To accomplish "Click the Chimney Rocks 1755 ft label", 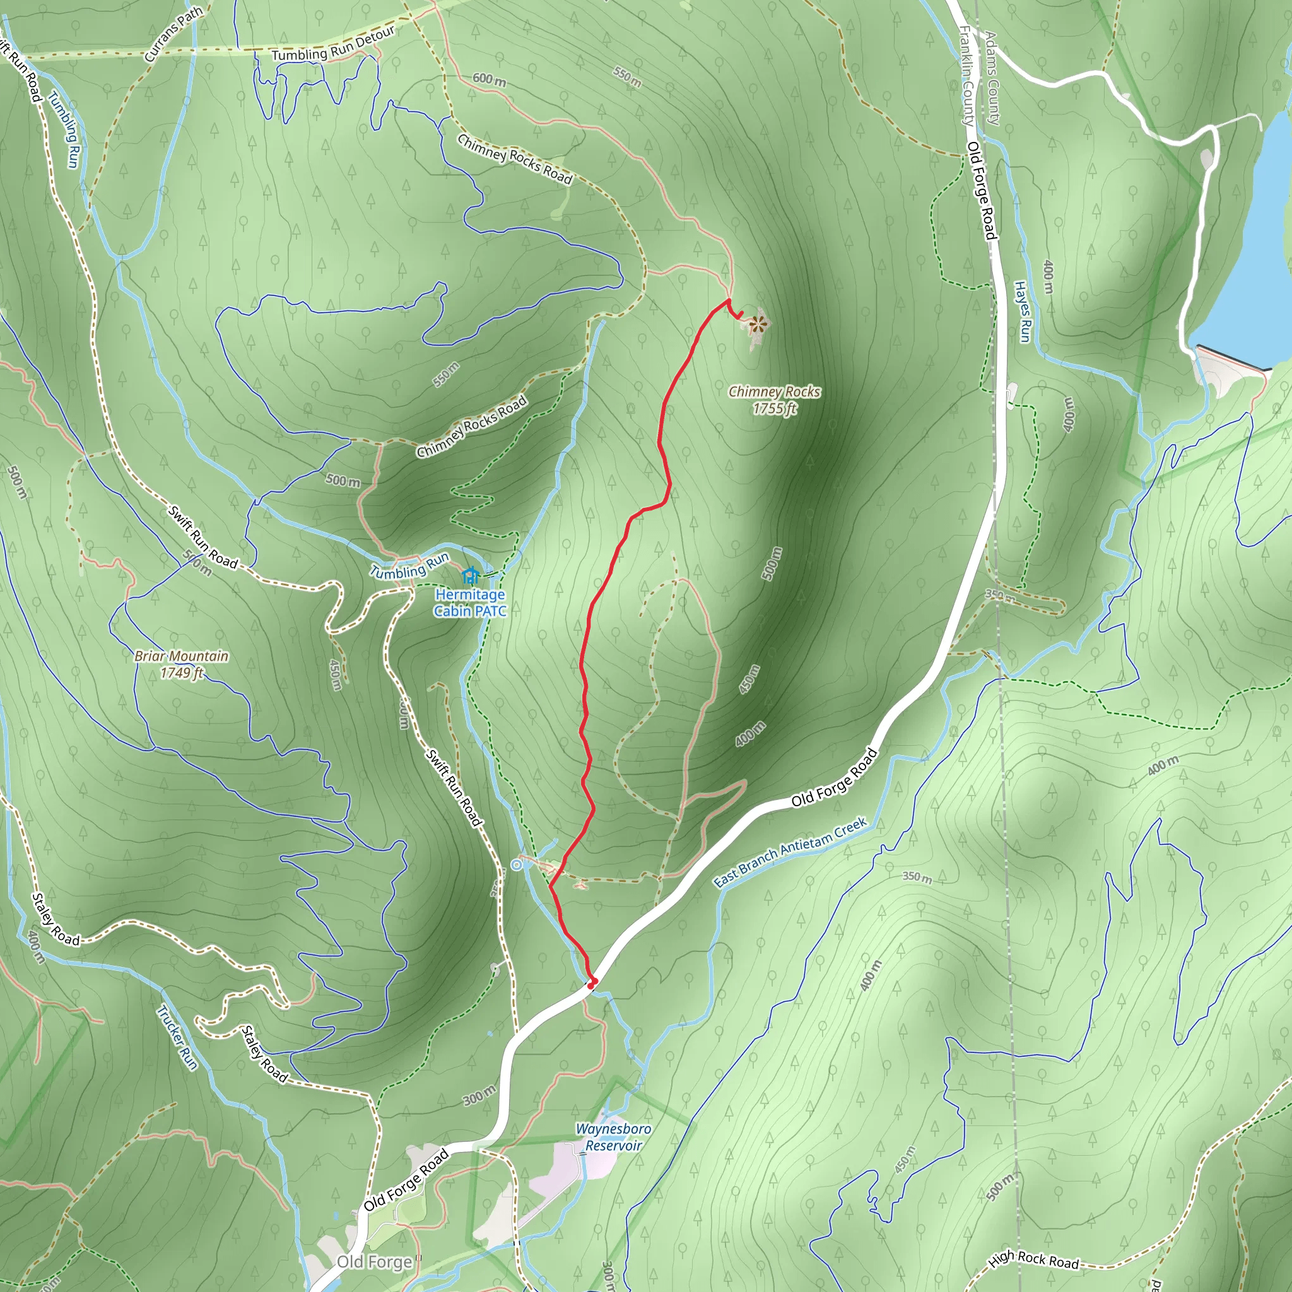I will pos(775,400).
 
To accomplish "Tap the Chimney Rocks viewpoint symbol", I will pos(757,325).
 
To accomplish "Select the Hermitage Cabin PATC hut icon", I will pos(470,575).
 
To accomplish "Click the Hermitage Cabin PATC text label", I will pos(470,602).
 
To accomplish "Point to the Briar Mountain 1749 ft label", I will pos(181,664).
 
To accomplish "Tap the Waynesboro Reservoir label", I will pos(613,1137).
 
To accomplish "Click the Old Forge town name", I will pos(375,1262).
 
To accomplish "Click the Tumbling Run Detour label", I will pos(333,46).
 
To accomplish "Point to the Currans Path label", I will pos(173,35).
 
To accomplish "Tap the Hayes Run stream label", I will pos(1023,312).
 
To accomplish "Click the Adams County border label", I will pos(992,78).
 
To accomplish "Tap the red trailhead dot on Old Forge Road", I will pos(591,984).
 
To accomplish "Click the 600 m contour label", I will pos(490,79).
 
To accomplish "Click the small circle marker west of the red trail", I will pos(516,865).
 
